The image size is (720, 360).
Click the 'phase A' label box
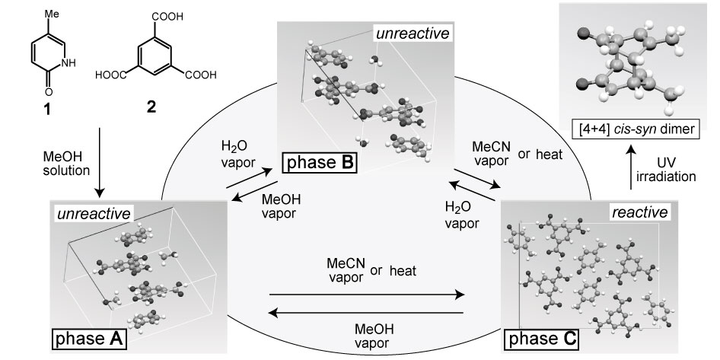(x=87, y=336)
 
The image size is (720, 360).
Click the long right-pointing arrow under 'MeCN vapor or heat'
(x=365, y=293)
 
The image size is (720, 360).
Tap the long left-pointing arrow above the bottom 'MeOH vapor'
(x=365, y=312)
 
